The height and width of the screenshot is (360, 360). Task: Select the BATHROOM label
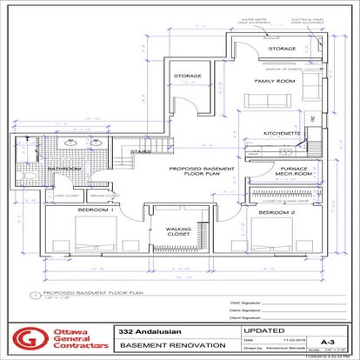(64, 169)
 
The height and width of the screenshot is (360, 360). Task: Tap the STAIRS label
(141, 153)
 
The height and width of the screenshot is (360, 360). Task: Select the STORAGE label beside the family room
(188, 76)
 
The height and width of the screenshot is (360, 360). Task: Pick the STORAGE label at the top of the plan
(283, 49)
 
